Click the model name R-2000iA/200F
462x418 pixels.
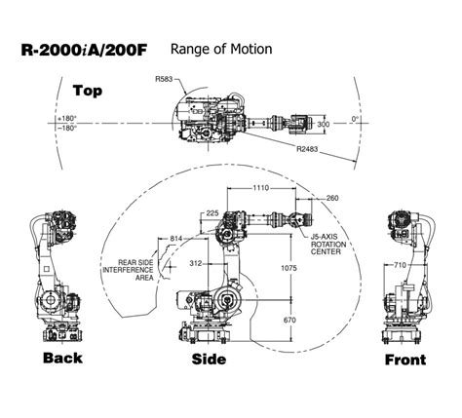coord(84,51)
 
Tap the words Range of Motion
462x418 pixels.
coord(221,49)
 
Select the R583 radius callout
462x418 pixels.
coord(164,79)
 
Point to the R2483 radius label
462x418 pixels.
coord(307,149)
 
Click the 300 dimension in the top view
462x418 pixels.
coord(324,124)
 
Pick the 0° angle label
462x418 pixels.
coord(355,119)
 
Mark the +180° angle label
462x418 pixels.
coord(67,118)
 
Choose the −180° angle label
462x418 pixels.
coord(67,128)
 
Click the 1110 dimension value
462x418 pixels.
coord(261,188)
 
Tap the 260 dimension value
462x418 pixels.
coord(332,198)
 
